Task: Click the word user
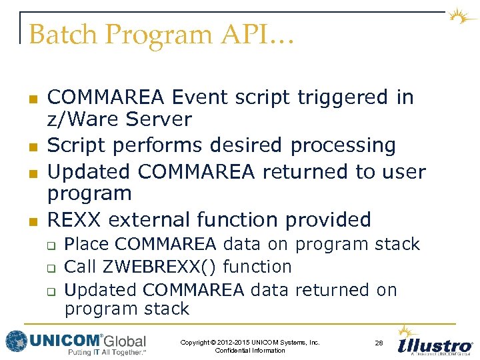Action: [x=403, y=171]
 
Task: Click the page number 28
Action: [x=379, y=343]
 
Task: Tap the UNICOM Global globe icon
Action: [x=16, y=341]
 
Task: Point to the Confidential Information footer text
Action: [x=250, y=351]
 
